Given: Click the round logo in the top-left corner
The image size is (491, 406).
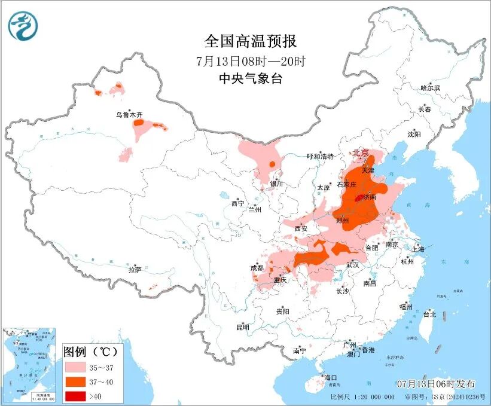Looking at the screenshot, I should click(23, 26).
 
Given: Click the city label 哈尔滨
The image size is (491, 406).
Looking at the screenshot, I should click(430, 88).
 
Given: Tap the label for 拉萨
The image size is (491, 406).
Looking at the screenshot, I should click(135, 270).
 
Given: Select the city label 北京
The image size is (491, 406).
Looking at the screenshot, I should click(360, 152).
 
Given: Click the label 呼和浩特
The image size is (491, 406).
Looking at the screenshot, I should click(319, 157).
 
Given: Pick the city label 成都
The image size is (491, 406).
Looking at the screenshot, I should click(257, 268).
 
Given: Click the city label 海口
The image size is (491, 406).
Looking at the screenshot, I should click(331, 378).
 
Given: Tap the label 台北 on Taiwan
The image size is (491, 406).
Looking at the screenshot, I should click(429, 313).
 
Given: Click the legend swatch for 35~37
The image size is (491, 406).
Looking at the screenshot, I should click(75, 367).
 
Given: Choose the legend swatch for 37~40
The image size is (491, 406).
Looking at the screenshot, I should click(75, 380).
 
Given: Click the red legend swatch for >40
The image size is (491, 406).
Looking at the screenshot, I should click(75, 394).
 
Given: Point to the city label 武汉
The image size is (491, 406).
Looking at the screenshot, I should click(352, 264).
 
